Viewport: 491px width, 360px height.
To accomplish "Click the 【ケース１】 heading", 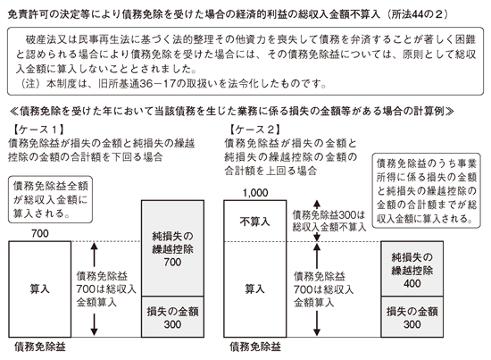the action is pyautogui.click(x=38, y=130).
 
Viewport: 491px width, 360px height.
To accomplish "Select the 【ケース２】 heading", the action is pyautogui.click(x=255, y=130).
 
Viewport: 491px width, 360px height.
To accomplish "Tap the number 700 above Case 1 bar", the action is pyautogui.click(x=40, y=233).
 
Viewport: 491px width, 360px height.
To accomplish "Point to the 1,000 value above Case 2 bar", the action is pyautogui.click(x=255, y=193).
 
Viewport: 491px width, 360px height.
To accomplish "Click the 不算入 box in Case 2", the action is pyautogui.click(x=255, y=221).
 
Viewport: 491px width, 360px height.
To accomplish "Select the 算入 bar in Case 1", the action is pyautogui.click(x=40, y=289).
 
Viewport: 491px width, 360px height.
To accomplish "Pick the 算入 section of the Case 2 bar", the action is pyautogui.click(x=255, y=289).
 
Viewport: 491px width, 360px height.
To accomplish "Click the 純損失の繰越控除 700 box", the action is pyautogui.click(x=172, y=248).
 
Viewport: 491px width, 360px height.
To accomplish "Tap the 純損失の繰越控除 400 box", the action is pyautogui.click(x=412, y=269).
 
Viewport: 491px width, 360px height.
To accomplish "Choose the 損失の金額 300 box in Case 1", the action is pyautogui.click(x=172, y=317).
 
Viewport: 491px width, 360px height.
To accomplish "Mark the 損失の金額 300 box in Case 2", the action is pyautogui.click(x=412, y=317).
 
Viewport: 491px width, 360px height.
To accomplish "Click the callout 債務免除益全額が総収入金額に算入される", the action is pyautogui.click(x=50, y=199).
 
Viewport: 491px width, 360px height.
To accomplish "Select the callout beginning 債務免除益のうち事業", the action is pyautogui.click(x=426, y=190).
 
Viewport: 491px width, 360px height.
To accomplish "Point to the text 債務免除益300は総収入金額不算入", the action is pyautogui.click(x=329, y=221).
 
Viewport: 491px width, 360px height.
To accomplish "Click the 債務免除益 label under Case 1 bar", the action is pyautogui.click(x=40, y=347).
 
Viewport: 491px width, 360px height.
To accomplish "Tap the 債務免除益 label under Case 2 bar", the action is pyautogui.click(x=255, y=347).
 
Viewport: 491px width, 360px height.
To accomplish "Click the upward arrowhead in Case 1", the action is pyautogui.click(x=94, y=247).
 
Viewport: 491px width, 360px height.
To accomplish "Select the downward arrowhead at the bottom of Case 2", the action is pyautogui.click(x=317, y=331).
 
